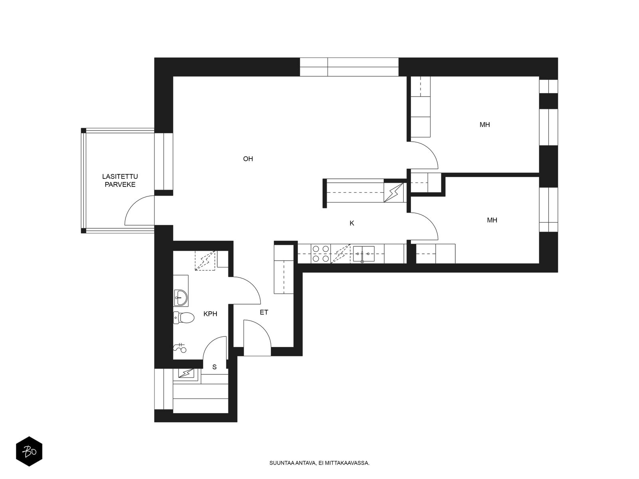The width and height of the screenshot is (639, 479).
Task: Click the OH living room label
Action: pos(248,159)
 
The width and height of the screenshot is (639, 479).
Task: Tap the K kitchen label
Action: pos(352,224)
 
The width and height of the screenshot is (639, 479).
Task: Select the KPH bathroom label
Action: pos(210,314)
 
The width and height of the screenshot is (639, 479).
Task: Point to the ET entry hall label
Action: pos(264,313)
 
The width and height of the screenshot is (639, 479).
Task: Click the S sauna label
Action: pos(214,367)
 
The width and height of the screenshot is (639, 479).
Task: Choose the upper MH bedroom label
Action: pos(485,125)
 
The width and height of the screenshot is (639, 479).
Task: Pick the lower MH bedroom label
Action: pos(492,220)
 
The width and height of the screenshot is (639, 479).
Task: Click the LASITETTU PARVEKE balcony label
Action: pos(120,180)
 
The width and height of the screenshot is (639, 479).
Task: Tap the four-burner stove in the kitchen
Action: pos(321,253)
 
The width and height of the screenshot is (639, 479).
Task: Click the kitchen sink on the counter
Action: pos(363,254)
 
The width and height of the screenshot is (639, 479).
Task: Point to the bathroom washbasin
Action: pos(181,298)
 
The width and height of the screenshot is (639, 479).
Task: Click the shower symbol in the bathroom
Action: pos(180,347)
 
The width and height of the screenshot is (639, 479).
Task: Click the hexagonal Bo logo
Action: pos(29,451)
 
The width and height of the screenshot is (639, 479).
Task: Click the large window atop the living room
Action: pos(349,67)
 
